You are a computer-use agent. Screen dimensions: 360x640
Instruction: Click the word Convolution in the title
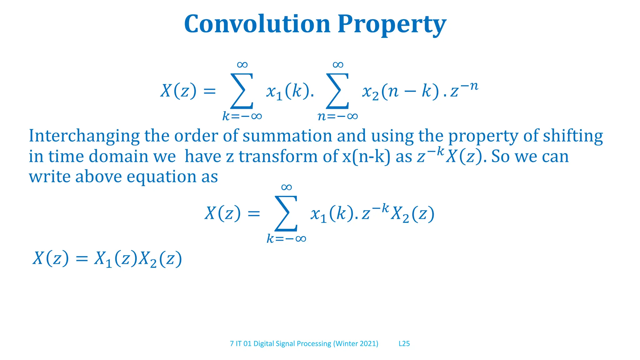click(257, 24)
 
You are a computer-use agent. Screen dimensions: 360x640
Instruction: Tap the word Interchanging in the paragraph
click(84, 136)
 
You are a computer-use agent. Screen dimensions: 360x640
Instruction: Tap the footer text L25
click(404, 344)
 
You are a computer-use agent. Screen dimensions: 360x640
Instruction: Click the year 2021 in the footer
click(368, 344)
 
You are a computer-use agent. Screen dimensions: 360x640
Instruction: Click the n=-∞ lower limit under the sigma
click(337, 117)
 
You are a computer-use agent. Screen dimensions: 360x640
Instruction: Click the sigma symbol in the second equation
click(286, 213)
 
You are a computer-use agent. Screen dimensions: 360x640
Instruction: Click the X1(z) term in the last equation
click(116, 259)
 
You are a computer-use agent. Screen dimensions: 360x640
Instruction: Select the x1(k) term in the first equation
click(287, 92)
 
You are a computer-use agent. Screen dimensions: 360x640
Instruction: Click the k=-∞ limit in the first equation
click(242, 117)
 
